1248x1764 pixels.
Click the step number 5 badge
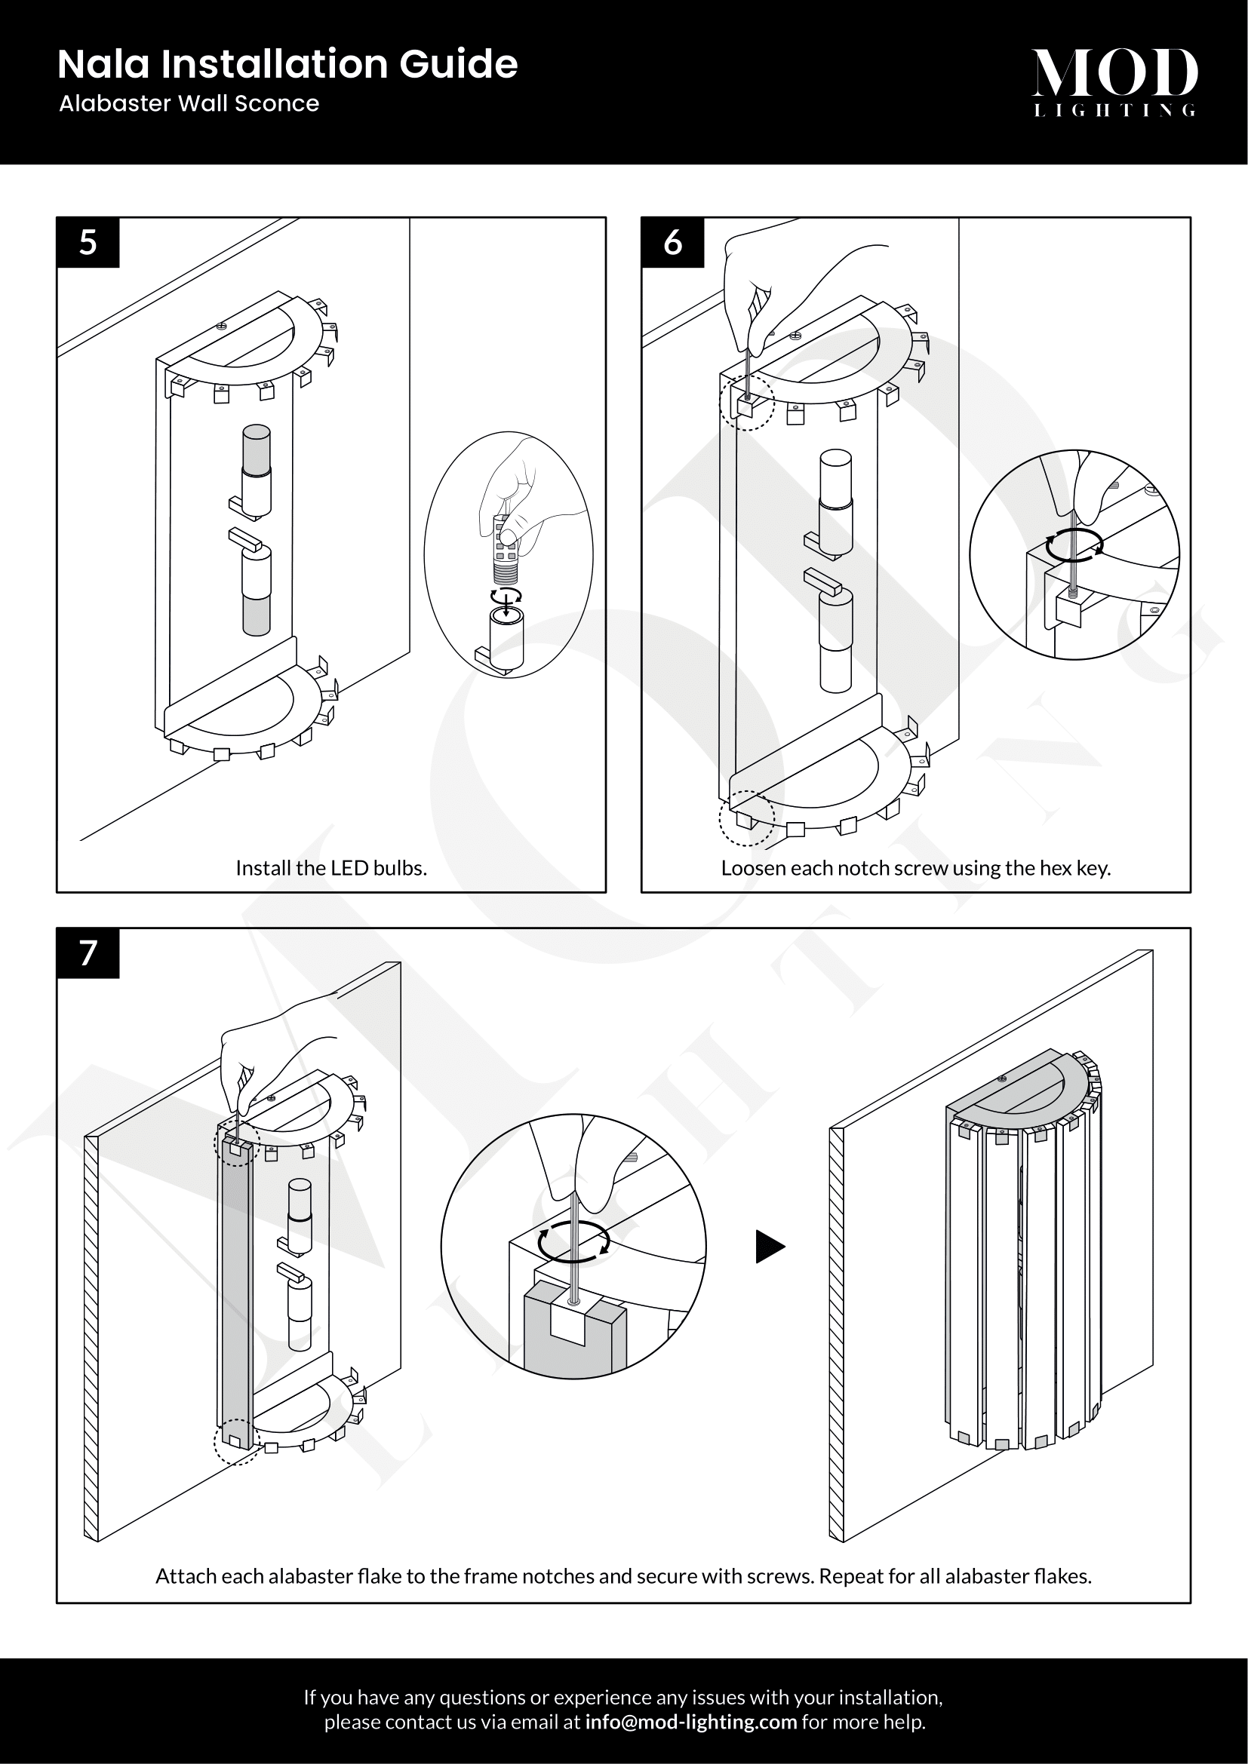click(x=88, y=243)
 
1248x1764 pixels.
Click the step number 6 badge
click(x=672, y=243)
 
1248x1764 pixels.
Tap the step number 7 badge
click(x=88, y=953)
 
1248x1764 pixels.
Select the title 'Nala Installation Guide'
click(x=287, y=65)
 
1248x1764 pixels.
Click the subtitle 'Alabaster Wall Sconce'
click(x=189, y=104)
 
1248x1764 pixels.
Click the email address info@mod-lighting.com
click(x=691, y=1722)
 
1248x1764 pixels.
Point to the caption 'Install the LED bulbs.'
click(x=331, y=868)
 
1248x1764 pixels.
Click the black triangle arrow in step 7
click(x=769, y=1247)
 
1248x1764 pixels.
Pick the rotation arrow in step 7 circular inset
click(x=573, y=1241)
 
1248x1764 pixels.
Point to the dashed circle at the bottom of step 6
click(x=746, y=818)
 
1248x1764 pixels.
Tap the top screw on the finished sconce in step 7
click(x=1001, y=1078)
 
